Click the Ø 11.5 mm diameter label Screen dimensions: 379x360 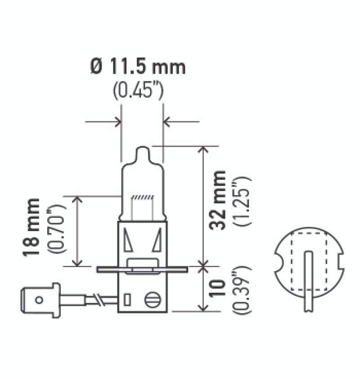click(x=138, y=67)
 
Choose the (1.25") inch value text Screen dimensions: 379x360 click(x=243, y=201)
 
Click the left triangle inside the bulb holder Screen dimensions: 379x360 click(x=128, y=240)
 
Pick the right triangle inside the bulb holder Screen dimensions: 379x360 click(x=157, y=240)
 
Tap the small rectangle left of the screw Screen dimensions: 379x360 click(x=127, y=299)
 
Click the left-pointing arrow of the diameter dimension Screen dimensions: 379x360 click(x=168, y=121)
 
